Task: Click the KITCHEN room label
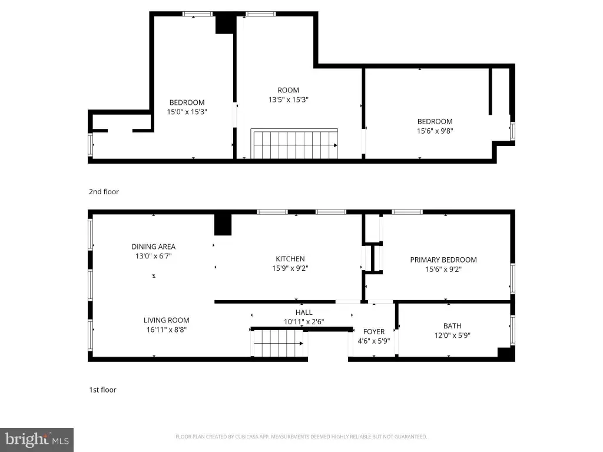click(x=290, y=259)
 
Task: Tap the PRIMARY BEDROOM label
click(x=443, y=260)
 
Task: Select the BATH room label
click(x=452, y=326)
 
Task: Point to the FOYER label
click(x=374, y=331)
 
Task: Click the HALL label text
click(x=304, y=313)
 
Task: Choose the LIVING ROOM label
click(x=167, y=320)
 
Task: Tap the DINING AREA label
click(x=154, y=247)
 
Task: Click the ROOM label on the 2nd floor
click(x=289, y=90)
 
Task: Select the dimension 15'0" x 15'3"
click(x=187, y=112)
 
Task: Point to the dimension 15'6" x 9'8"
click(x=435, y=131)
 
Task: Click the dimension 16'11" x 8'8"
click(x=167, y=330)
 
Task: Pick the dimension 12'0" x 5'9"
click(x=452, y=335)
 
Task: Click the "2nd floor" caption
click(x=104, y=192)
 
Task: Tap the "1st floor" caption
click(x=102, y=390)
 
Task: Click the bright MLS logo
click(x=37, y=440)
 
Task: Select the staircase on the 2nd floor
click(x=294, y=144)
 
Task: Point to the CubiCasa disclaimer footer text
click(x=301, y=437)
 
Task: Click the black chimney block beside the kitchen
click(x=223, y=224)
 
